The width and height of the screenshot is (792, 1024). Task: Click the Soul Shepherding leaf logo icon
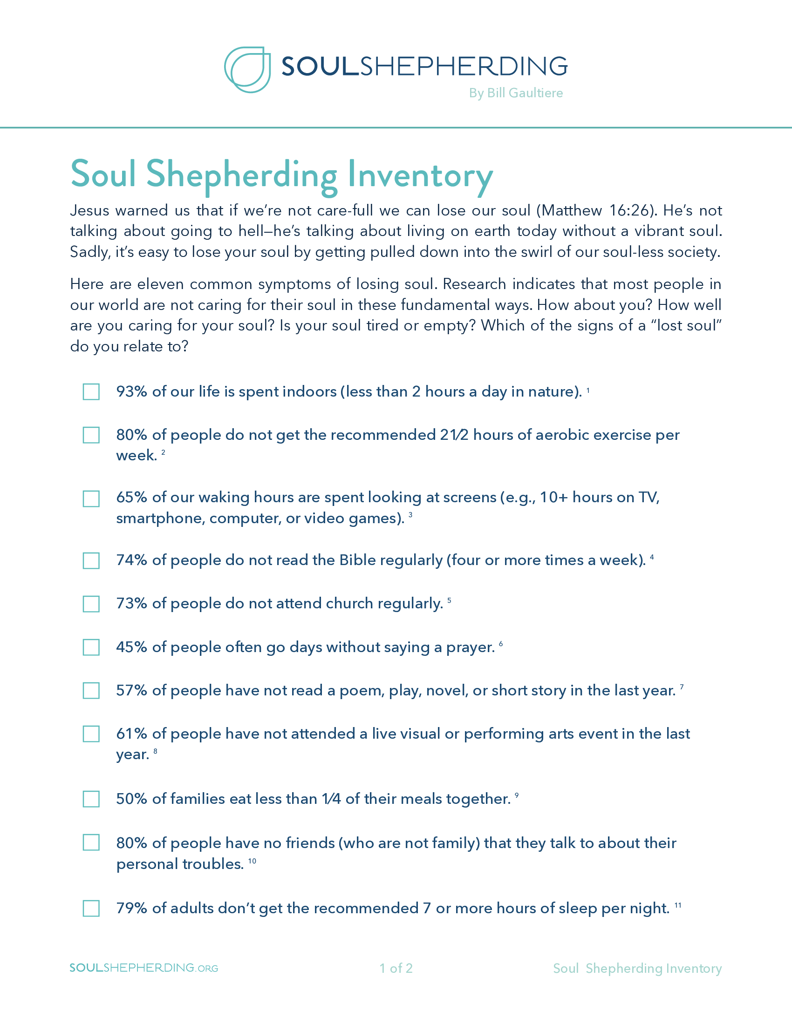click(x=247, y=69)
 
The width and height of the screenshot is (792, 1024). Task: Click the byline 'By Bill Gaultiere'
click(x=516, y=93)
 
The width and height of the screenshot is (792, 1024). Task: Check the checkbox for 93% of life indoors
click(x=91, y=391)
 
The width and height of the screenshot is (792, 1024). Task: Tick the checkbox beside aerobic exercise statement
click(x=91, y=435)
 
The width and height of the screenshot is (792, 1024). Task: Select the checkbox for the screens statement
click(x=91, y=499)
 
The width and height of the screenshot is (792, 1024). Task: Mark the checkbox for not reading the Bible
click(x=91, y=560)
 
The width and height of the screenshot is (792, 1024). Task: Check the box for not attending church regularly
click(x=91, y=604)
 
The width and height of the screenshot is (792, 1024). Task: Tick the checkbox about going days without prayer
click(x=91, y=647)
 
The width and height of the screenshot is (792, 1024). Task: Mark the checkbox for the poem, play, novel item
click(x=91, y=691)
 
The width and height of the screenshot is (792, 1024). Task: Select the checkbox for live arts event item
click(x=91, y=734)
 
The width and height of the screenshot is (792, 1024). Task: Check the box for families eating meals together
click(x=91, y=799)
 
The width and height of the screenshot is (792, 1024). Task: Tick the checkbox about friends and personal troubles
click(x=91, y=842)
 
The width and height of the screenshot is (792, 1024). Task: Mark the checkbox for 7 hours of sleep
click(x=91, y=908)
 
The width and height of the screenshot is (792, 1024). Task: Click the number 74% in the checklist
click(x=132, y=560)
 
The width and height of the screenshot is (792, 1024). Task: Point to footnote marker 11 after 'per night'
click(x=677, y=905)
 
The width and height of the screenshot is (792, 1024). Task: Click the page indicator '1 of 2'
click(x=396, y=968)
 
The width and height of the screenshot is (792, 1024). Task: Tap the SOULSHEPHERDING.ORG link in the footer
click(x=143, y=968)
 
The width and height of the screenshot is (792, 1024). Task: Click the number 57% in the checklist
click(x=132, y=691)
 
